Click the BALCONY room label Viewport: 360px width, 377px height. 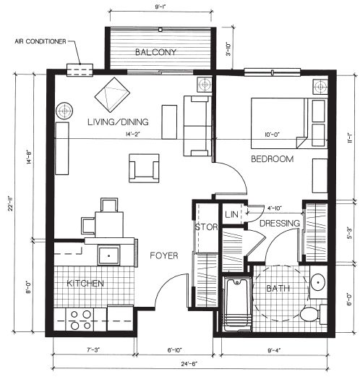pyautogui.click(x=155, y=52)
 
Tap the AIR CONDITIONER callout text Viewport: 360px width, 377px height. pyautogui.click(x=40, y=41)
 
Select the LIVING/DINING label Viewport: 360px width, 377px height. pyautogui.click(x=118, y=122)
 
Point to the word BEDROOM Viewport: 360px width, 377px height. pyautogui.click(x=273, y=159)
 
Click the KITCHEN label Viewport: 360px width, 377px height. pyautogui.click(x=85, y=283)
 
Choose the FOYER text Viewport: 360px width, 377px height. pyautogui.click(x=164, y=255)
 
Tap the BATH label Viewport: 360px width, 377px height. pyautogui.click(x=278, y=288)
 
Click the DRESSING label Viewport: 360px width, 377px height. pyautogui.click(x=280, y=223)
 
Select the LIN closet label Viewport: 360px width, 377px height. pyautogui.click(x=231, y=214)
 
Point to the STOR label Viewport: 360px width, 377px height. pyautogui.click(x=206, y=227)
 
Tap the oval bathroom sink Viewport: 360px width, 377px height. pyautogui.click(x=318, y=282)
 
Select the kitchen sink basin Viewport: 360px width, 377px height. pyautogui.click(x=108, y=255)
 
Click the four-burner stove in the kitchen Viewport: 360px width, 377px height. pyautogui.click(x=80, y=320)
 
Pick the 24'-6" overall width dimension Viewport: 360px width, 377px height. pyautogui.click(x=190, y=364)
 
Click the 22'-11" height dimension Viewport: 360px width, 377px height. pyautogui.click(x=10, y=203)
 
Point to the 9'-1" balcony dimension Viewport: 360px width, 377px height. pyautogui.click(x=160, y=7)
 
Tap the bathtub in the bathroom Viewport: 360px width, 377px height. pyautogui.click(x=237, y=304)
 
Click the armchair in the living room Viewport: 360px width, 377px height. pyautogui.click(x=144, y=168)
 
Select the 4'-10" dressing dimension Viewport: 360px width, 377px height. pyautogui.click(x=275, y=208)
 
